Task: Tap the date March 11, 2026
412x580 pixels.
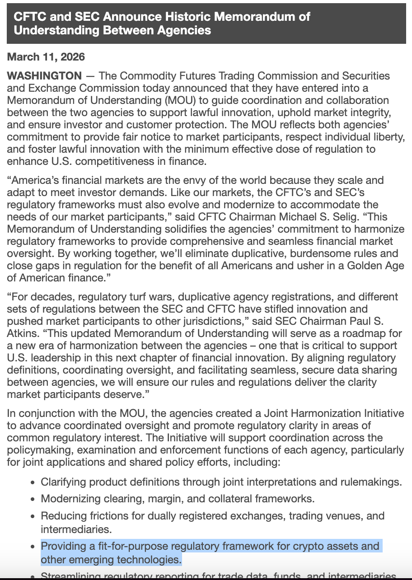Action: click(46, 57)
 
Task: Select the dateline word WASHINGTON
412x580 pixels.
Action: click(44, 75)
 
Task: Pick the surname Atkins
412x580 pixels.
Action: click(21, 334)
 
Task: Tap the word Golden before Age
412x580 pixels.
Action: click(364, 266)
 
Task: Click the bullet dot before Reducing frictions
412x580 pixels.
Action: click(33, 516)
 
